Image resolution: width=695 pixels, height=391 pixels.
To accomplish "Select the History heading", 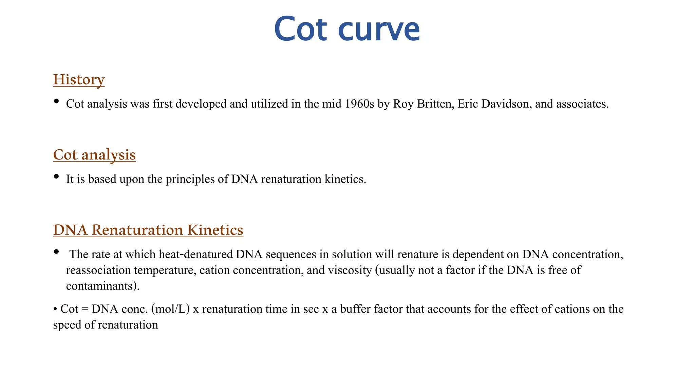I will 79,79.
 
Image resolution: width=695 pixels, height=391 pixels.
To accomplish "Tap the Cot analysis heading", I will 94,155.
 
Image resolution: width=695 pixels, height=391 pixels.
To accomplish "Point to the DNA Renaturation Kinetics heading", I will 148,230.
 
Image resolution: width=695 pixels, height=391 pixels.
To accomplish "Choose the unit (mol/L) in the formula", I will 170,309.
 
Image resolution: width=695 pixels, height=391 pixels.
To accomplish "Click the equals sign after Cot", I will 85,309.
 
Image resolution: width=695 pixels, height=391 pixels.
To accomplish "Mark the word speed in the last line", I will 67,325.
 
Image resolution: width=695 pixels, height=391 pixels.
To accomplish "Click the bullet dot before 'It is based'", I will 56,176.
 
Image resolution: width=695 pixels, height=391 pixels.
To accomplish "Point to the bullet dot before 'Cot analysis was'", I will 56,101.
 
